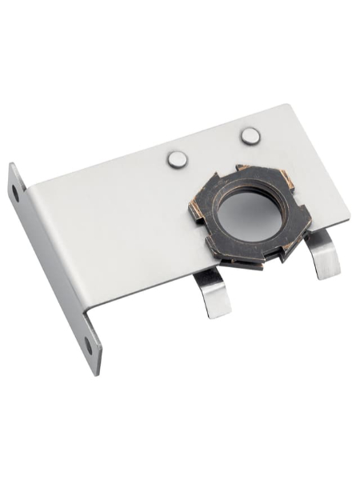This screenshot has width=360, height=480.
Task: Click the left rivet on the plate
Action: pos(178,159)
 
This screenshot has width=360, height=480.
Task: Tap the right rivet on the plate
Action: pos(250,137)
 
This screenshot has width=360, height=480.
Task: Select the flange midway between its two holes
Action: pos(52,268)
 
